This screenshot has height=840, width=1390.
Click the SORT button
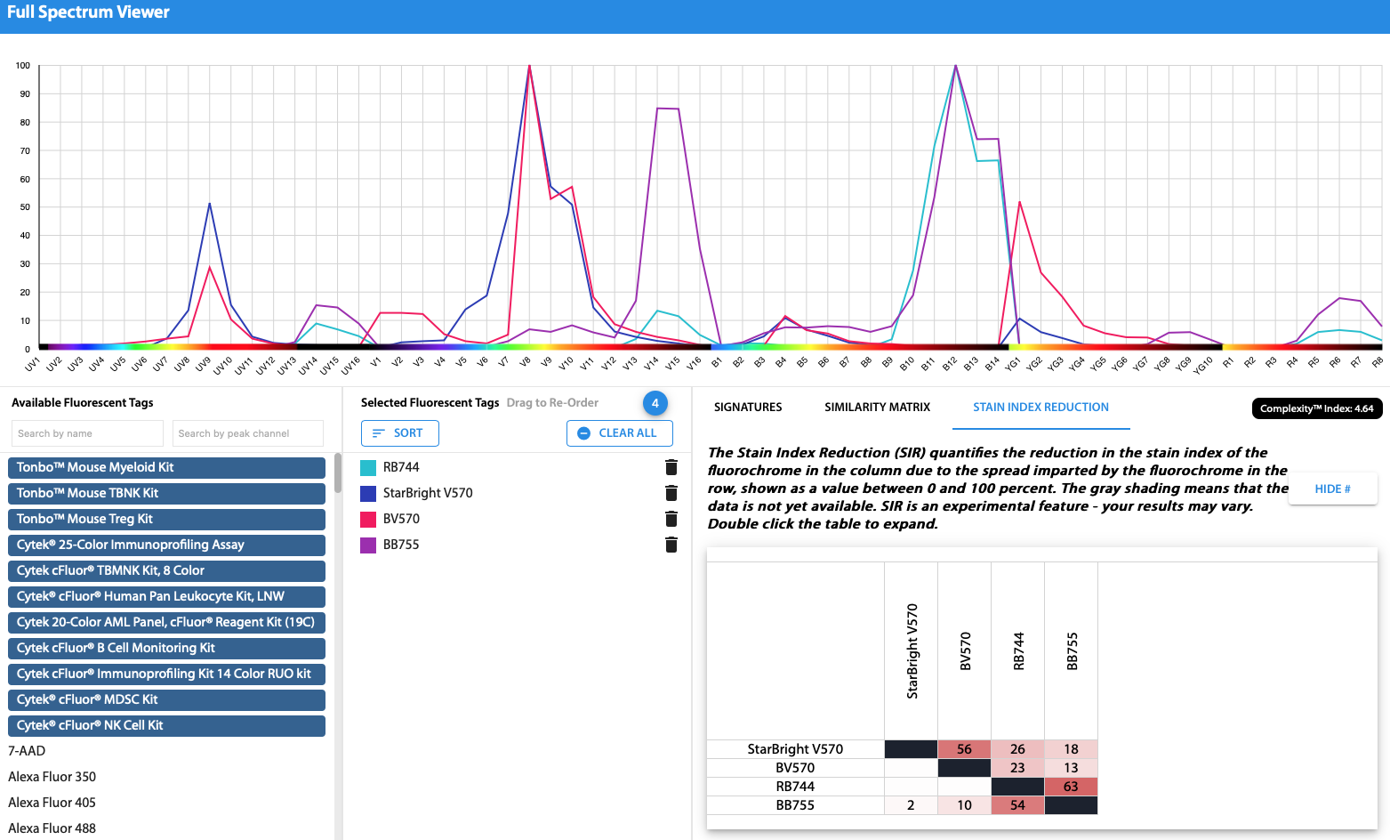coord(399,433)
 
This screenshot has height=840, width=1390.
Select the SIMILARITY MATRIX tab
coord(877,407)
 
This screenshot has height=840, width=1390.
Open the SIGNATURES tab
coord(748,407)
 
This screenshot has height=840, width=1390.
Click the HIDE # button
coord(1331,489)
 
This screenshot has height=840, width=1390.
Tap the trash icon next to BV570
coord(671,519)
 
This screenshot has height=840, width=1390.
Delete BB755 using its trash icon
coord(671,545)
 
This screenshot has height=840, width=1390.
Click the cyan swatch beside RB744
coord(368,467)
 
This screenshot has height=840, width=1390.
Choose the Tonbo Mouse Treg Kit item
coord(166,519)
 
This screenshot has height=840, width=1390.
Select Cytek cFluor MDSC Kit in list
coord(166,699)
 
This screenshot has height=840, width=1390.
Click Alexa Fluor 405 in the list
coord(52,803)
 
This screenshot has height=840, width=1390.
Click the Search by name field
coord(86,433)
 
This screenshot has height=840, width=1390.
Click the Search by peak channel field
coord(247,433)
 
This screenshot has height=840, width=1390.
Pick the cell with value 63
coord(1071,787)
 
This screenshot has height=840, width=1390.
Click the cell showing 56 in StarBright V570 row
coord(964,749)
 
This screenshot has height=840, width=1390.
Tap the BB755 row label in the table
coord(795,805)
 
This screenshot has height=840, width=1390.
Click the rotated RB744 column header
coord(1018,651)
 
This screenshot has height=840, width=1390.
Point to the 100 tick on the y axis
coord(23,66)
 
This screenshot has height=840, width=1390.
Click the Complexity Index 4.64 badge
coord(1316,408)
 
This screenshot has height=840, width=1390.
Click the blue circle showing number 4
coord(655,403)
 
